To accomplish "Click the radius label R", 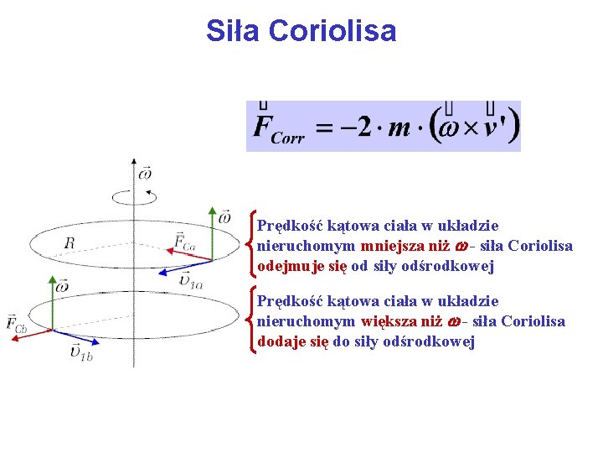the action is tap(69, 243).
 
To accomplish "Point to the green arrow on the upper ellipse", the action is tap(211, 236).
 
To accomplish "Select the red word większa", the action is tap(391, 321).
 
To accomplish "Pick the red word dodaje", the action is tap(282, 341).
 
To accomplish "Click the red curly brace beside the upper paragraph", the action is tap(250, 244).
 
